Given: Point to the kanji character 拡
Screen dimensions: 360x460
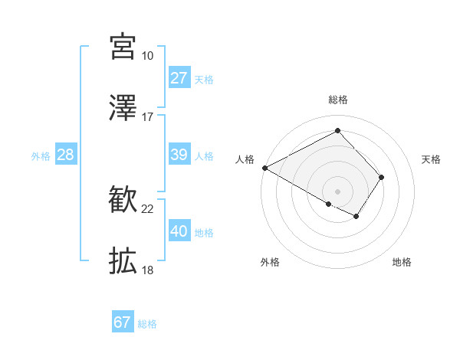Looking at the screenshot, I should pyautogui.click(x=123, y=261).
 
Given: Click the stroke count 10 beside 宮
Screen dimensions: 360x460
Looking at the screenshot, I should pyautogui.click(x=147, y=56).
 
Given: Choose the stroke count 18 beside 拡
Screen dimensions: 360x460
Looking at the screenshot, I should pyautogui.click(x=147, y=270).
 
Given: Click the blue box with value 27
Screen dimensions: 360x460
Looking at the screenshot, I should pyautogui.click(x=179, y=77).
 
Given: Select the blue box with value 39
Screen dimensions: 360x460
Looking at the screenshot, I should pyautogui.click(x=179, y=155).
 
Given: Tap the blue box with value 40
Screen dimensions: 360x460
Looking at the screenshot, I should pyautogui.click(x=179, y=231).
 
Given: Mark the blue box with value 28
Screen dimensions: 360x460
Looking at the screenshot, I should pyautogui.click(x=66, y=155).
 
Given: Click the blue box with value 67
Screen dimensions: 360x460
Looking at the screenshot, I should pyautogui.click(x=123, y=322).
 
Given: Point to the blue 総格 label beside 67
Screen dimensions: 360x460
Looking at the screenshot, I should pyautogui.click(x=147, y=324).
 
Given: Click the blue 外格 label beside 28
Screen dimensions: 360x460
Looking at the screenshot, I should pyautogui.click(x=41, y=156).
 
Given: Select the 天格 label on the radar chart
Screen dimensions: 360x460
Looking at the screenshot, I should pyautogui.click(x=432, y=159).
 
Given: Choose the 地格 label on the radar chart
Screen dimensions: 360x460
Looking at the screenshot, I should pyautogui.click(x=402, y=262).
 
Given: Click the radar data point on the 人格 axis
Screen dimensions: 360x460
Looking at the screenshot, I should pyautogui.click(x=264, y=168).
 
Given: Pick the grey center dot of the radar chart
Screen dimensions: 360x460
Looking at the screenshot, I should pyautogui.click(x=337, y=190).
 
